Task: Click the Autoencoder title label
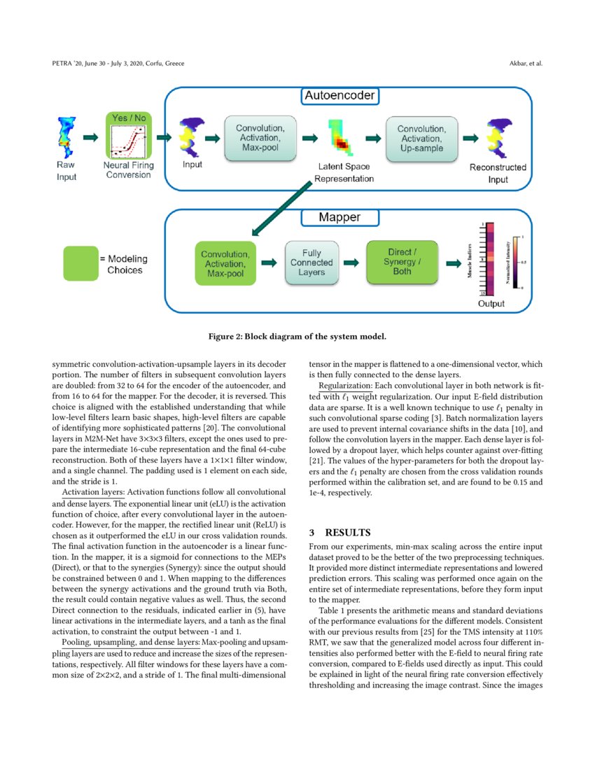(x=339, y=95)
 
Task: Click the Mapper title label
(x=339, y=218)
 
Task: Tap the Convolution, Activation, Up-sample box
(x=421, y=139)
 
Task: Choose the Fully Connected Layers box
(x=311, y=262)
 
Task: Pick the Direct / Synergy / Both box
(x=402, y=262)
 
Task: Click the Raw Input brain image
(x=66, y=137)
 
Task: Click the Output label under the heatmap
(x=491, y=304)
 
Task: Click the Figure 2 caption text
(x=297, y=337)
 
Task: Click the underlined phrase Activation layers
(x=93, y=492)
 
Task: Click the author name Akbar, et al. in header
(x=527, y=64)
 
